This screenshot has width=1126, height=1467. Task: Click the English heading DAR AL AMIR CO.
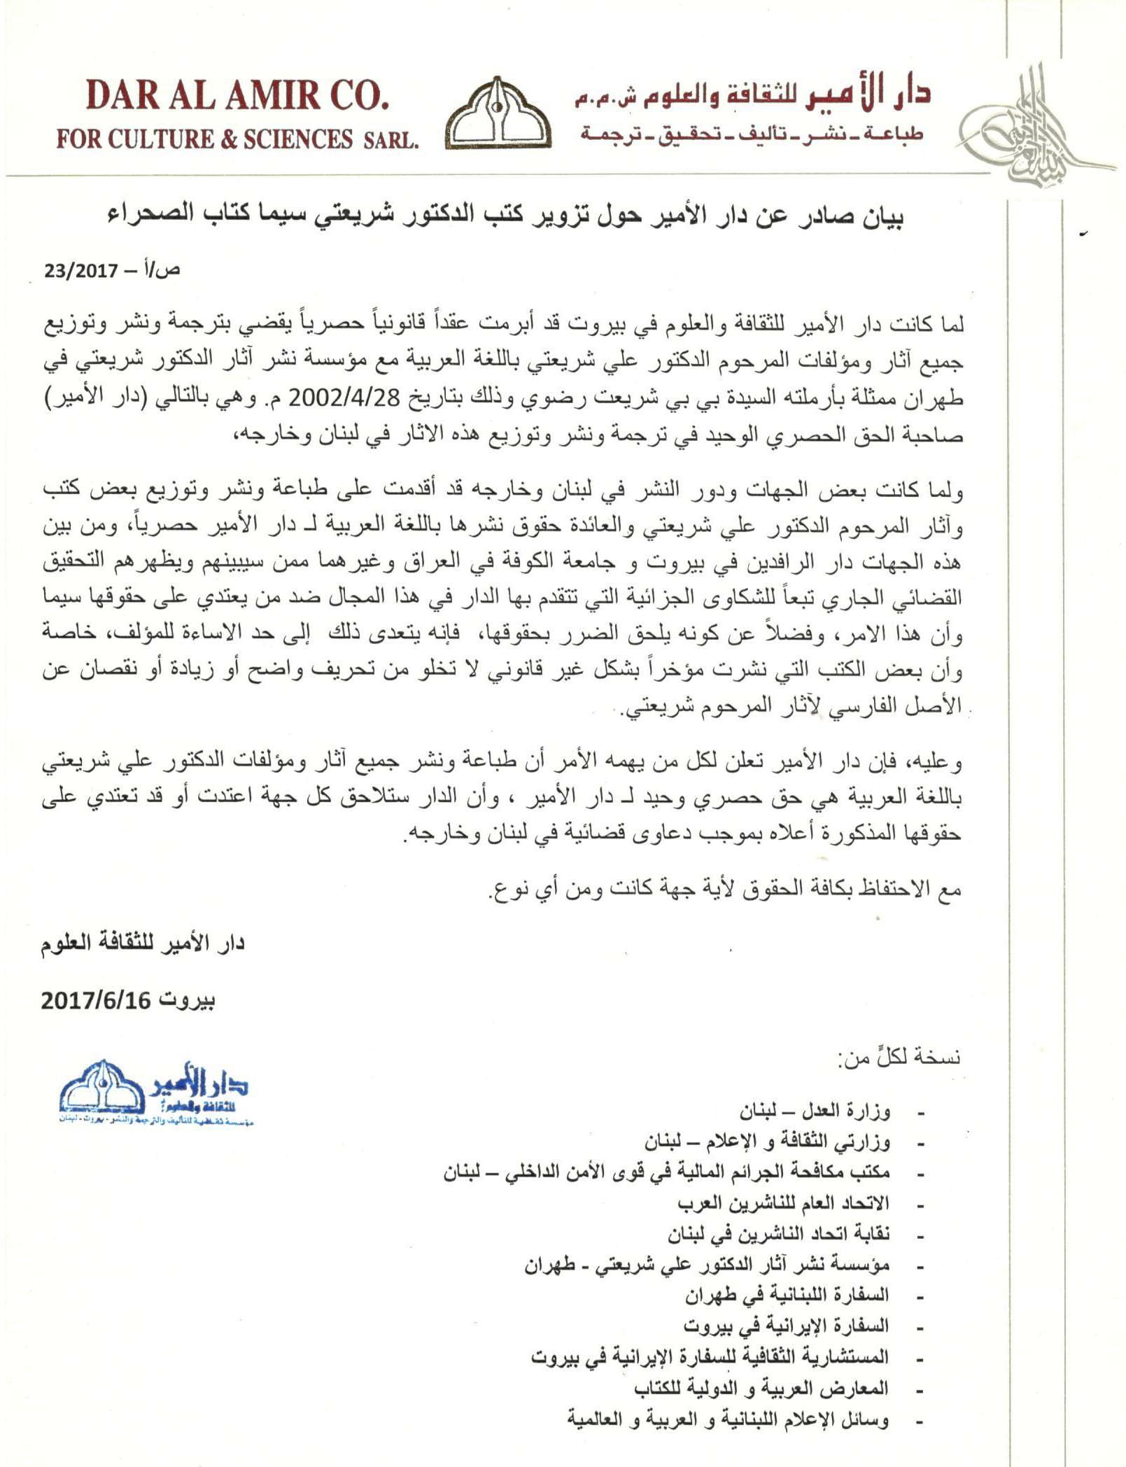pos(237,96)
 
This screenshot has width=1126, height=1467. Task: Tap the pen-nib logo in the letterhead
pos(498,114)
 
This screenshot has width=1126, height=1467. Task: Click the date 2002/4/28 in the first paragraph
pos(344,398)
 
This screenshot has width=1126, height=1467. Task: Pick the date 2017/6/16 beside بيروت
pos(96,1000)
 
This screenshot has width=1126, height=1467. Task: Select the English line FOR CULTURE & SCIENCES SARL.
pos(237,139)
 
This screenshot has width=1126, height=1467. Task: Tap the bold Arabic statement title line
pos(505,216)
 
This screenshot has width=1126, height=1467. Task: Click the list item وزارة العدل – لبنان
pos(815,1111)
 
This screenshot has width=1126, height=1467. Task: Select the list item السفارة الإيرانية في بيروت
pos(786,1326)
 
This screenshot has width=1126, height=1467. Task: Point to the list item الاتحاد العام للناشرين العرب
pos(782,1203)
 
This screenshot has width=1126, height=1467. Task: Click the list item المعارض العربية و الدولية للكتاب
pos(761,1387)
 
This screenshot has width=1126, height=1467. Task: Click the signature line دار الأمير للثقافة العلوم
pos(143,943)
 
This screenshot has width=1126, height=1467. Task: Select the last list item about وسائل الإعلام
pos(728,1419)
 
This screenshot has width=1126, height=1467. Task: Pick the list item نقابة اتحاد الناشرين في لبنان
pos(777,1234)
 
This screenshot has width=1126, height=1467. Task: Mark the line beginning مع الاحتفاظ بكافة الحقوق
pos(724,889)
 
